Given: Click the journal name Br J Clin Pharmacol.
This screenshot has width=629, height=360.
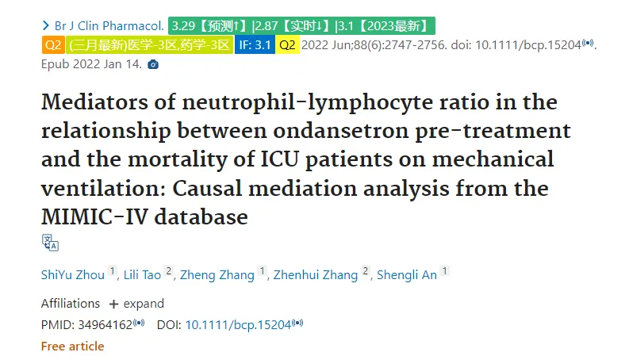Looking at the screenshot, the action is (109, 26).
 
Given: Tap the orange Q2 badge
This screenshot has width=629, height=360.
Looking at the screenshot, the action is (53, 44).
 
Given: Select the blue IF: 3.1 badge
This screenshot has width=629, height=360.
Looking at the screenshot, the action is (255, 44).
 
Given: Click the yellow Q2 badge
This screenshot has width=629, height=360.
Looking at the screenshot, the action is (287, 44).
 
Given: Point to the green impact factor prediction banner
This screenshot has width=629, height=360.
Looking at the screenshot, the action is (301, 26).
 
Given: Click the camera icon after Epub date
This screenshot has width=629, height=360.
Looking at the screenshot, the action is (153, 64).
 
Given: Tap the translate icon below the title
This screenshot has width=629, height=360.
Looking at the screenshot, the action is (50, 243).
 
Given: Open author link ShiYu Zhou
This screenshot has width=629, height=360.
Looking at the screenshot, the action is (73, 275).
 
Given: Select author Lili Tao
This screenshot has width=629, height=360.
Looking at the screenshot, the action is (142, 275).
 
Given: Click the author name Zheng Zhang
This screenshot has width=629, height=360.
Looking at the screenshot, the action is (217, 275).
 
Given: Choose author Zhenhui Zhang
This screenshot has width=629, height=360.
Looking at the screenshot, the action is (316, 275).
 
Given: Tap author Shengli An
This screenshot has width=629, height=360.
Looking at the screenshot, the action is (407, 275).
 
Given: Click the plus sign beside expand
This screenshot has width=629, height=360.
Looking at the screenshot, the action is (114, 304).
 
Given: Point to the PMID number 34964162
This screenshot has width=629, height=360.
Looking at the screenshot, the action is (105, 325).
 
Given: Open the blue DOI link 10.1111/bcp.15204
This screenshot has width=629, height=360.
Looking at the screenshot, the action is (238, 325).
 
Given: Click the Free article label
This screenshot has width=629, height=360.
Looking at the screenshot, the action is (73, 346).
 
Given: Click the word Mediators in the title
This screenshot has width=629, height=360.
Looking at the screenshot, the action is (94, 101).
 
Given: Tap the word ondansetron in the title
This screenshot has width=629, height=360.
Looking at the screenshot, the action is (341, 131).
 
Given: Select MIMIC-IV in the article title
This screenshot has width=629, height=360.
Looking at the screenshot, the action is (94, 217).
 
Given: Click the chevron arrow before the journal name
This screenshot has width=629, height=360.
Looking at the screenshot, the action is (46, 26).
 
